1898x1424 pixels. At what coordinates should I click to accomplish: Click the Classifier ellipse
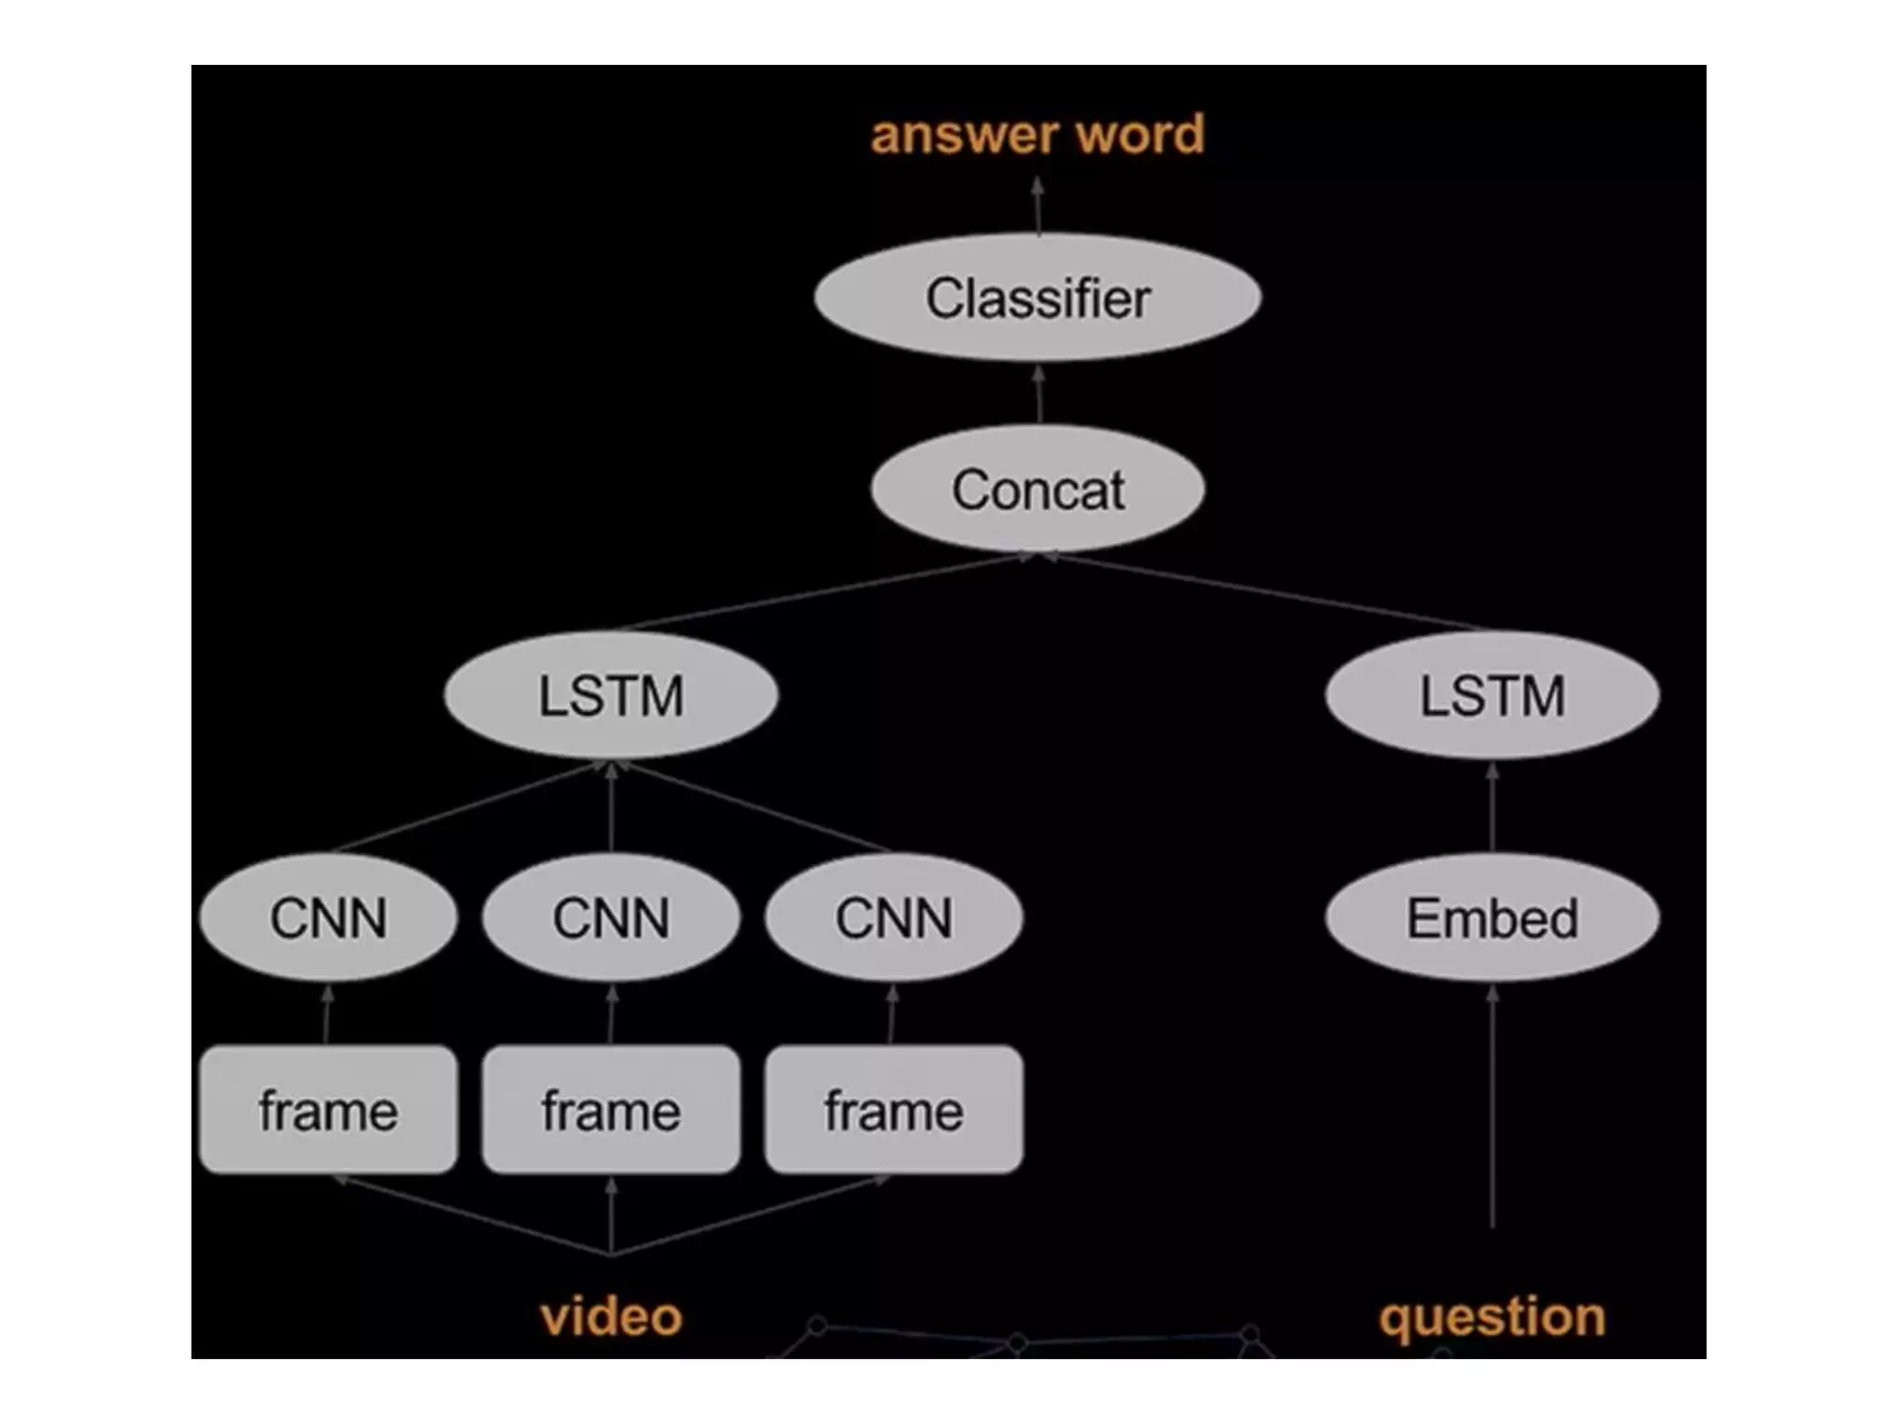pos(1037,298)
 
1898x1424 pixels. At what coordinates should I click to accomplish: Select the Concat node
pos(1037,489)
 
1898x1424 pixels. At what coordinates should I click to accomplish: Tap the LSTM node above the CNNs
pos(611,695)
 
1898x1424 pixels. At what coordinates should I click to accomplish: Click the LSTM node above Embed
pos(1492,695)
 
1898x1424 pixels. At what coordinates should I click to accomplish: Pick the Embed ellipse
pos(1492,918)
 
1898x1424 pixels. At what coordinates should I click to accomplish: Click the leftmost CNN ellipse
pos(328,918)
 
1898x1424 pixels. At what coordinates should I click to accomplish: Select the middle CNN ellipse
pos(611,918)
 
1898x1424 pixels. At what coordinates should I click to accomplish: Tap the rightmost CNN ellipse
pos(893,918)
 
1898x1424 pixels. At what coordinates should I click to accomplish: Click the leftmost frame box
pos(328,1110)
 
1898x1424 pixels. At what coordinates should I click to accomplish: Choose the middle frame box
pos(611,1110)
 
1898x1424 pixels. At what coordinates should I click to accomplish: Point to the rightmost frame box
pos(893,1110)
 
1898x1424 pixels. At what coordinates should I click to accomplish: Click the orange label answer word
pos(1037,134)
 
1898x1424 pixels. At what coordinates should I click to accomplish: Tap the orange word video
pos(611,1316)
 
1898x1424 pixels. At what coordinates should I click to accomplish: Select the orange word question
pos(1492,1316)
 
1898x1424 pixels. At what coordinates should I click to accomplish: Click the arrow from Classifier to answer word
pos(1038,208)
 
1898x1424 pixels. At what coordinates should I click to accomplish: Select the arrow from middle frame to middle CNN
pos(611,1016)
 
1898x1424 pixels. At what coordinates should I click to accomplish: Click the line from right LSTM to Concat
pos(1270,592)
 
